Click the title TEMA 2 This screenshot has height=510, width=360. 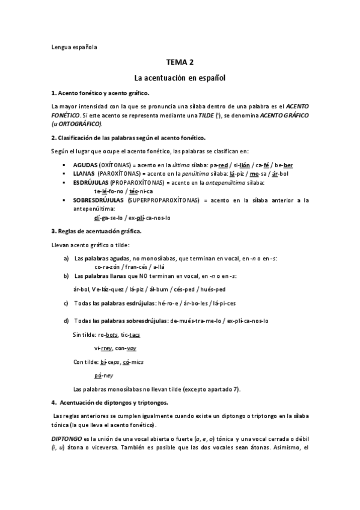180,62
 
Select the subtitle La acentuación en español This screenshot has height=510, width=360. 180,78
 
